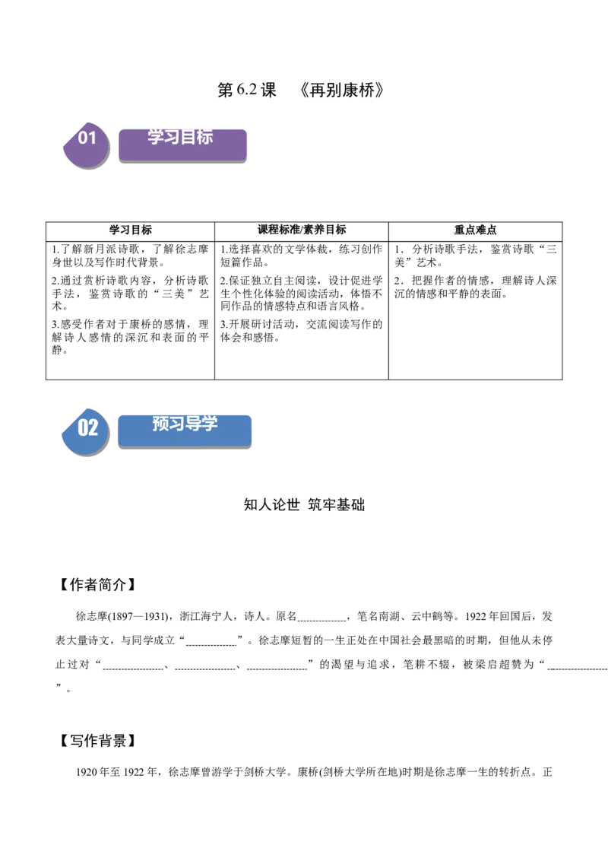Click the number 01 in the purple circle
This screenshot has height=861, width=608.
point(87,138)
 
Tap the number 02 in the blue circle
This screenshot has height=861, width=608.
point(88,427)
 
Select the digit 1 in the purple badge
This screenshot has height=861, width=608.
point(93,138)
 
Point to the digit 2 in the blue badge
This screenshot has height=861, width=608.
point(93,427)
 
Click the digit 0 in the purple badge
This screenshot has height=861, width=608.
point(83,138)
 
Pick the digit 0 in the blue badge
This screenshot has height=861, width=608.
point(83,427)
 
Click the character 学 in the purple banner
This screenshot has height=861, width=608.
point(156,137)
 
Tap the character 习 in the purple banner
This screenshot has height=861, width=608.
point(172,137)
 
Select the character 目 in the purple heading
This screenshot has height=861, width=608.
point(188,137)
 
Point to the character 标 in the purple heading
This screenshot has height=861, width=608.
point(204,137)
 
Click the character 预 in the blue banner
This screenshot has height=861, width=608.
point(160,424)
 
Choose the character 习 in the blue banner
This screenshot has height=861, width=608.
point(176,424)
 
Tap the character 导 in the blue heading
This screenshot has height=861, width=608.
point(193,424)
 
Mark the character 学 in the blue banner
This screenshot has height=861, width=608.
point(209,424)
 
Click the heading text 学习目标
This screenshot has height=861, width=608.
point(180,137)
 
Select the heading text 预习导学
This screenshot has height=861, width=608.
point(185,424)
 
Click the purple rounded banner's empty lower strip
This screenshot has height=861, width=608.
point(182,154)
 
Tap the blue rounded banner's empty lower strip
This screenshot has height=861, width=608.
point(185,440)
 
